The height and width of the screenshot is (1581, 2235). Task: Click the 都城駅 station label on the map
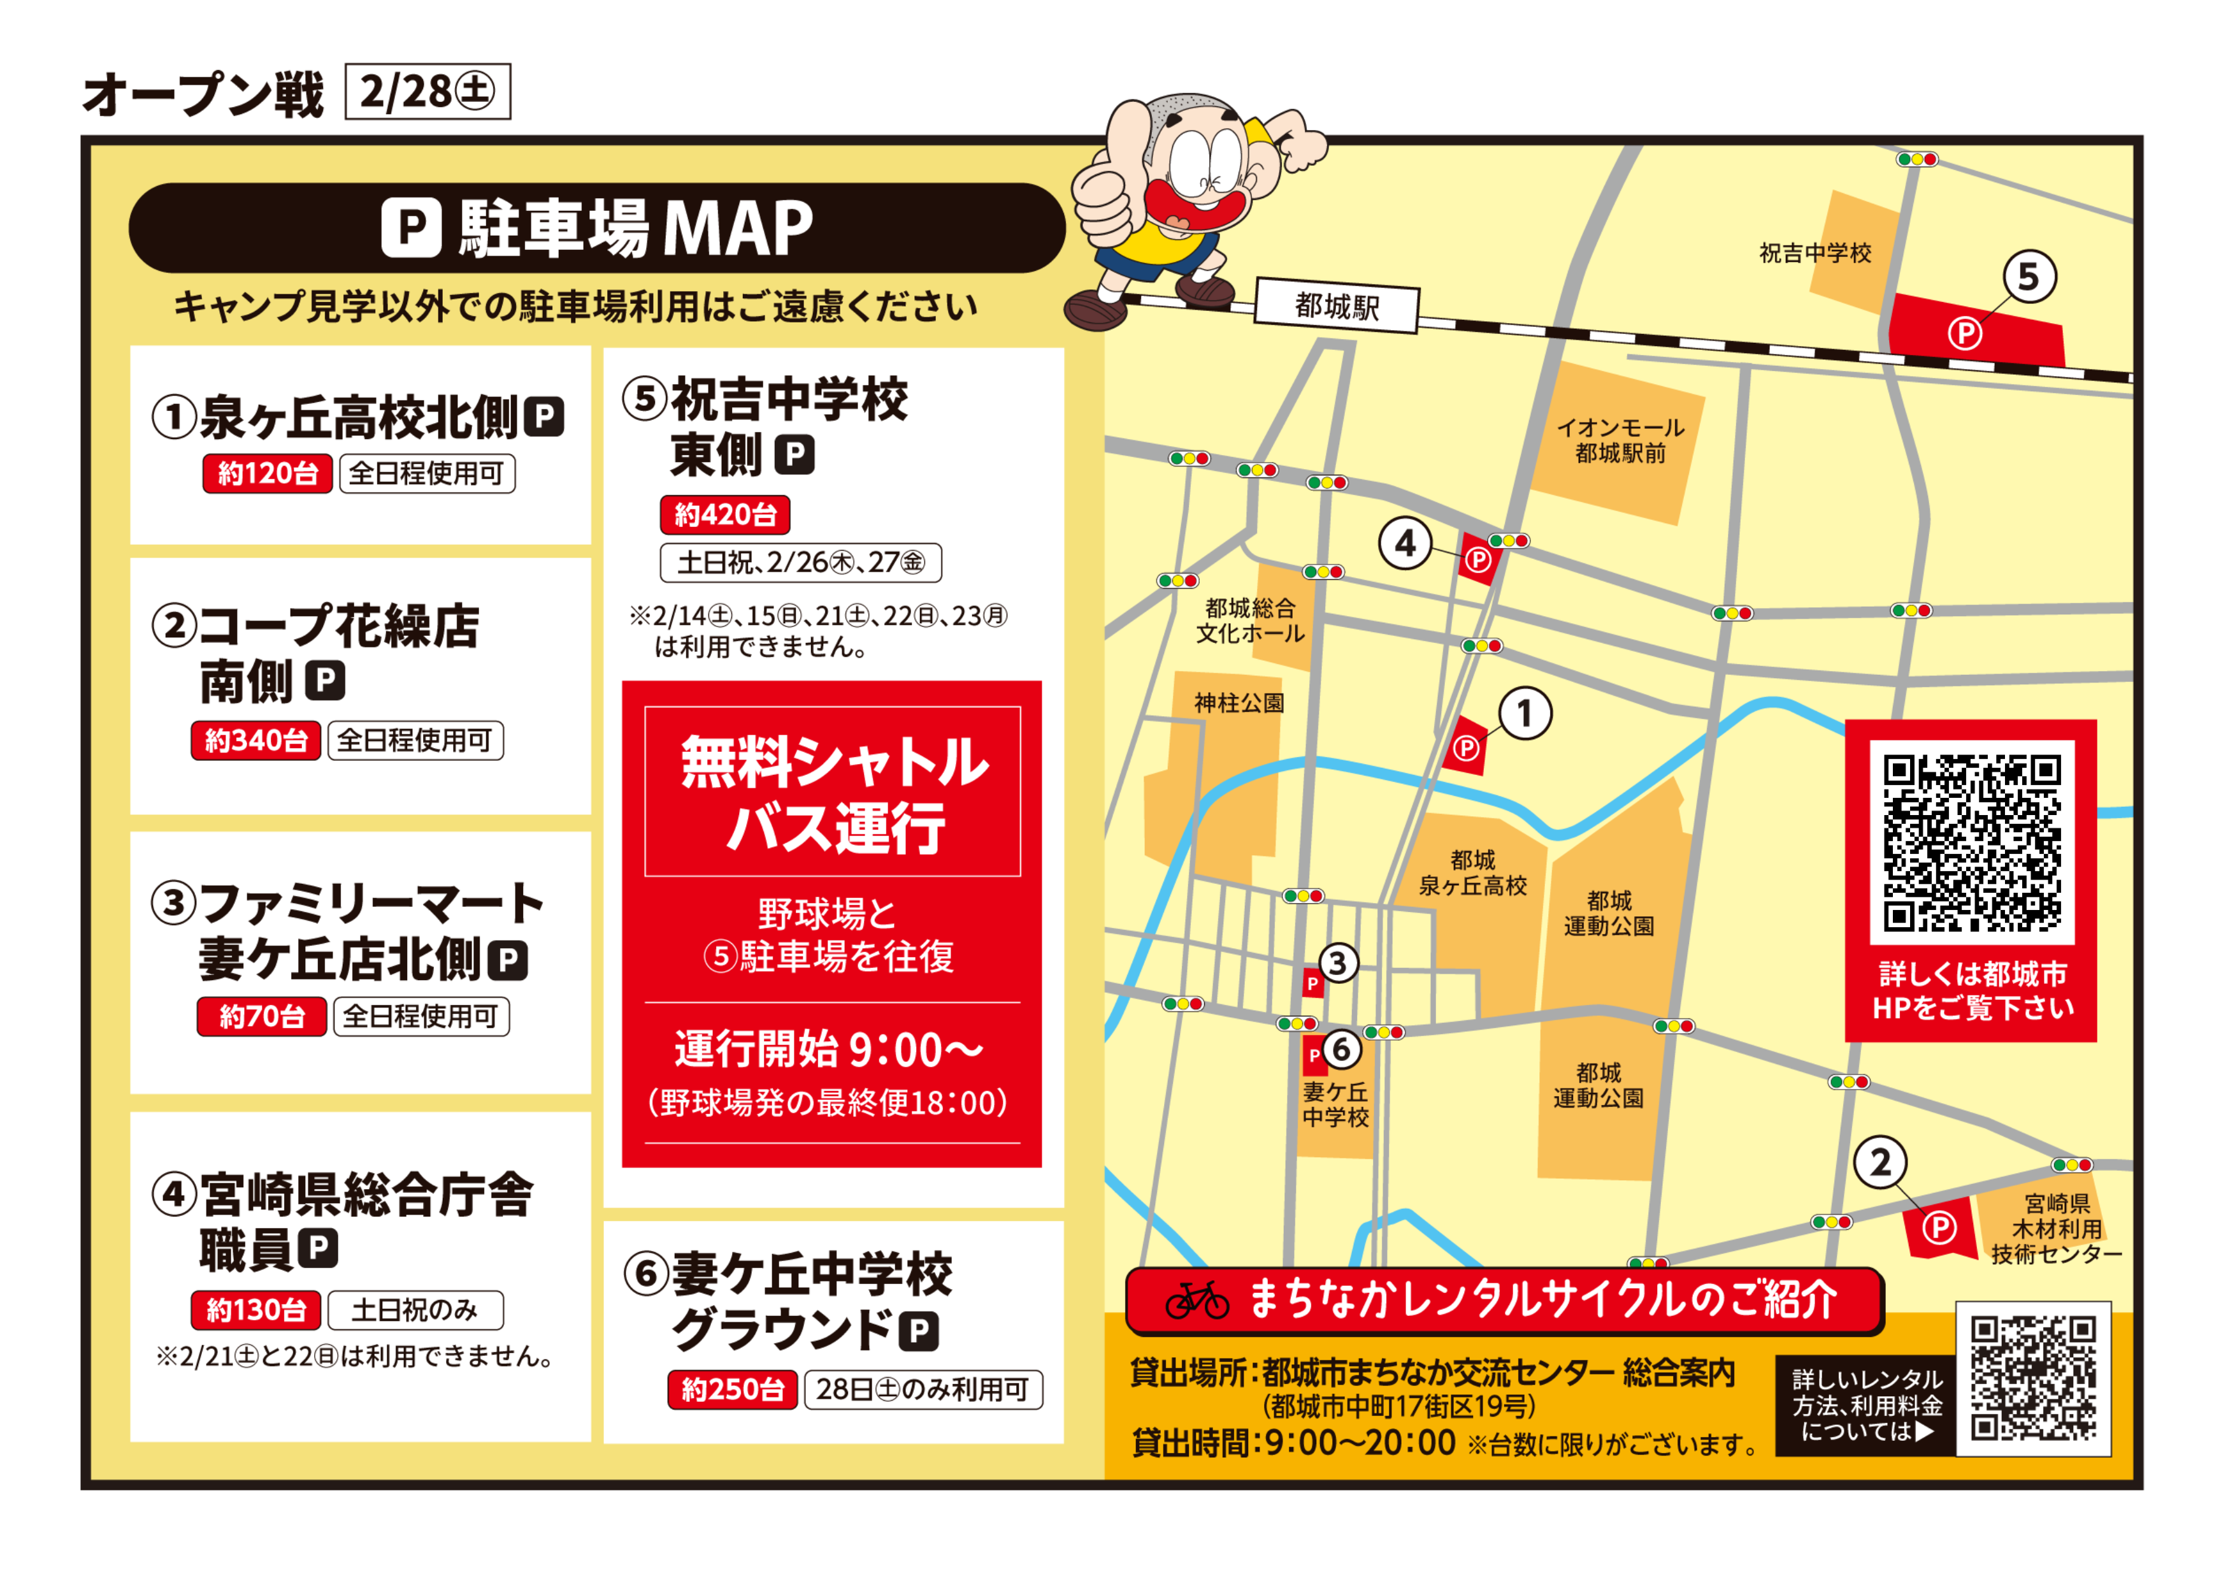[x=1337, y=307]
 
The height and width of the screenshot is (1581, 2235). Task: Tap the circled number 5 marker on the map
[x=2029, y=277]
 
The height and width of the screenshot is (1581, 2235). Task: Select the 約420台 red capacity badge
[x=725, y=515]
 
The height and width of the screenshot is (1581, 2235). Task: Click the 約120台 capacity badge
[x=268, y=474]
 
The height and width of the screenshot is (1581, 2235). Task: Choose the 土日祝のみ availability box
[x=415, y=1310]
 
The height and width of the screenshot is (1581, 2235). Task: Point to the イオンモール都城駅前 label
[x=1620, y=441]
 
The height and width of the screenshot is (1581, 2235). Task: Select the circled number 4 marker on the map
[x=1405, y=543]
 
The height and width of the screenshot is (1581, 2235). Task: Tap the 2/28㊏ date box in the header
[x=428, y=92]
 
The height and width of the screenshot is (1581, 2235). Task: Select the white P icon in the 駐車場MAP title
[x=411, y=227]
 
